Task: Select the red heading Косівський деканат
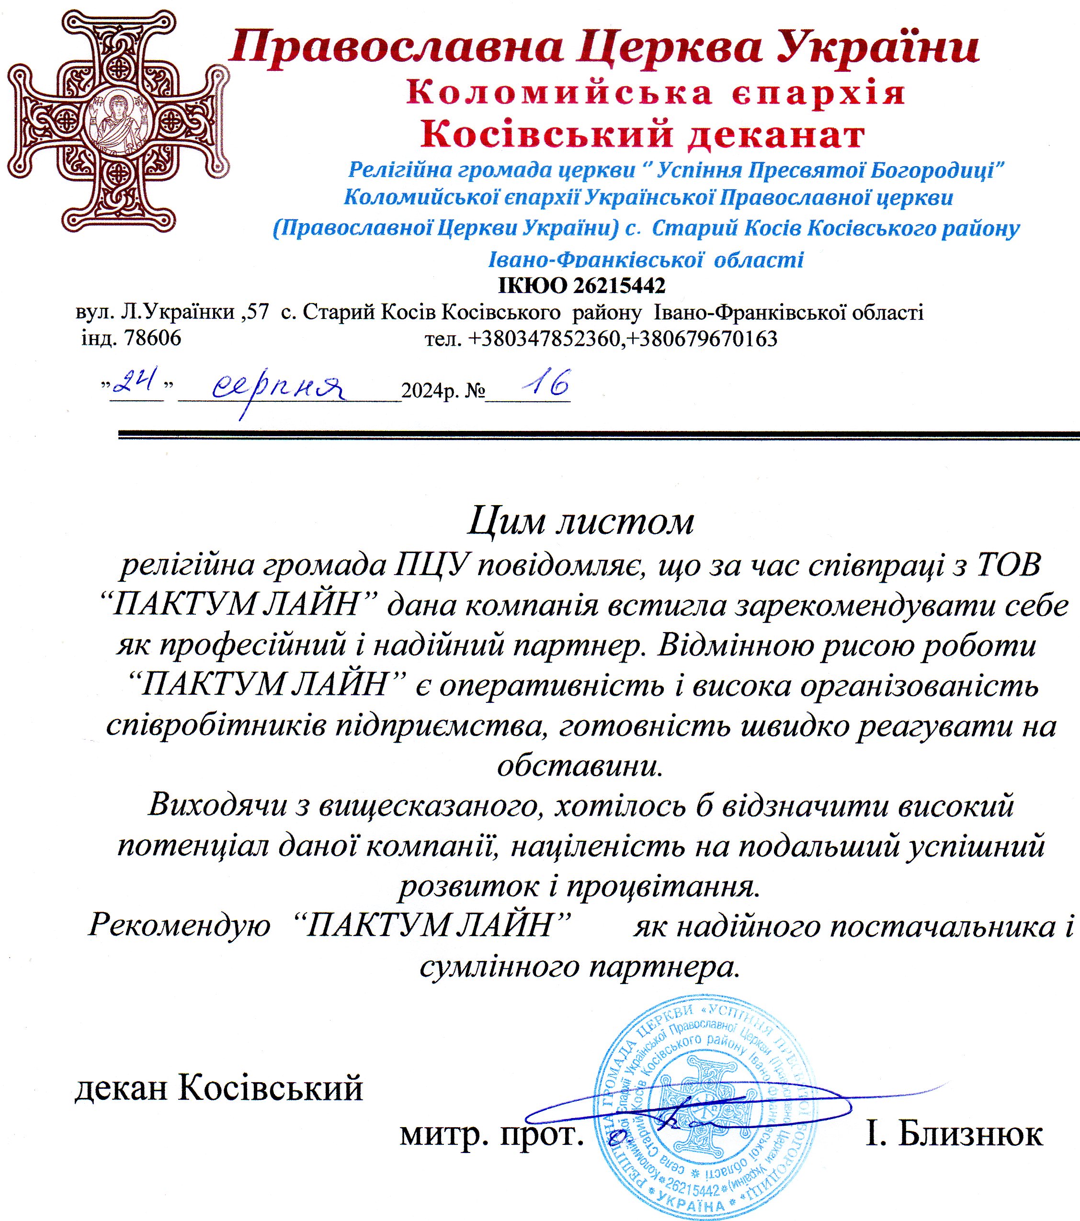(x=643, y=135)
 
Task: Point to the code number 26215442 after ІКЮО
(x=619, y=286)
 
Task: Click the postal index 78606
(x=152, y=339)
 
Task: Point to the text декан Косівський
(x=218, y=1088)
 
